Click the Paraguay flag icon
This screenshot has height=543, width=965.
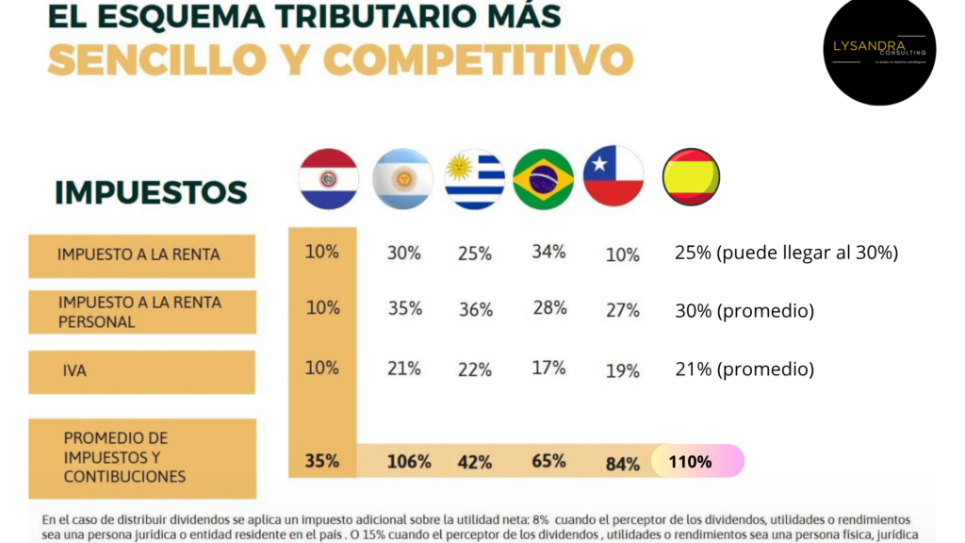[328, 178]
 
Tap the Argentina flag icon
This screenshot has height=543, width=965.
[402, 178]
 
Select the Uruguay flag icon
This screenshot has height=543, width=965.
[474, 178]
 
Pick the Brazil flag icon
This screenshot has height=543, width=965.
[543, 178]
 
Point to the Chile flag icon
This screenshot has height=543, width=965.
[613, 176]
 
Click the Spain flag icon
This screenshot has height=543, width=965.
[691, 176]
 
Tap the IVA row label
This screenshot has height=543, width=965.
[74, 371]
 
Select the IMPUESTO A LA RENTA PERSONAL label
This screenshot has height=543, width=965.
[139, 312]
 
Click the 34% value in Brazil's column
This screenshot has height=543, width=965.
[548, 252]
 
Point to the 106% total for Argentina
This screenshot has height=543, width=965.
[408, 462]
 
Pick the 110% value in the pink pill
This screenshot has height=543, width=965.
[690, 462]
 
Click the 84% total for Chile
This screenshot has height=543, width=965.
[622, 464]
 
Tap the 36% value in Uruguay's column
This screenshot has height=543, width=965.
[474, 310]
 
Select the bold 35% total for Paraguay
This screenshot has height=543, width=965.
[321, 462]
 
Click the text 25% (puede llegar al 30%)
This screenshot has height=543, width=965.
[786, 253]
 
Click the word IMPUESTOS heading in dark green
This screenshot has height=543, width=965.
[151, 192]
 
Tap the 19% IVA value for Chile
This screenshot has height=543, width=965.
[622, 371]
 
